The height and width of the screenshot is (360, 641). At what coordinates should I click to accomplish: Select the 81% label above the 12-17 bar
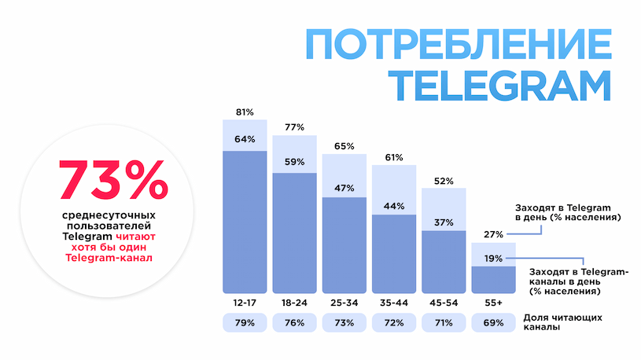pyautogui.click(x=245, y=112)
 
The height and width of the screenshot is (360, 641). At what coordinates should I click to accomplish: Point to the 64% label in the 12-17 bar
pyautogui.click(x=245, y=140)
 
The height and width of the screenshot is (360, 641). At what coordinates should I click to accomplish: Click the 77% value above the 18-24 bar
pyautogui.click(x=295, y=127)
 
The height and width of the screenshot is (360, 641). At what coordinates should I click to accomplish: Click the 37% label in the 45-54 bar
pyautogui.click(x=444, y=222)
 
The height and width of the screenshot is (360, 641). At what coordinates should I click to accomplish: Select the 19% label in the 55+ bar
pyautogui.click(x=493, y=258)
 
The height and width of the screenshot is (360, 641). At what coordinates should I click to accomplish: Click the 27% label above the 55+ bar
pyautogui.click(x=493, y=234)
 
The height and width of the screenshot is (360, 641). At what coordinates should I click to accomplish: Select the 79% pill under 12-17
pyautogui.click(x=245, y=323)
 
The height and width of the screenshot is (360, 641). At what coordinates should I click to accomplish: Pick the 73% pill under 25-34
pyautogui.click(x=344, y=323)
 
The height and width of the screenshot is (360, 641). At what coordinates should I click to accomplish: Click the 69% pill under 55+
pyautogui.click(x=493, y=323)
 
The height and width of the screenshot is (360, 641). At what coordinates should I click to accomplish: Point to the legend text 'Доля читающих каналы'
pyautogui.click(x=563, y=322)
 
